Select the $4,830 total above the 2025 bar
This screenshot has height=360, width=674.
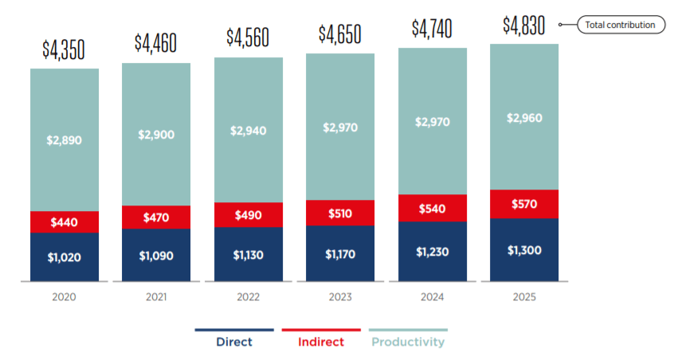(x=523, y=25)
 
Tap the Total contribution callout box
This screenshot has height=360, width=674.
(x=620, y=25)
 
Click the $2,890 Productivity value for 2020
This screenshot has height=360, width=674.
(x=65, y=140)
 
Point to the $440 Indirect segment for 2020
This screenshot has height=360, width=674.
(x=65, y=222)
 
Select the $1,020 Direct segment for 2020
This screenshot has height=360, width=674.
(x=65, y=256)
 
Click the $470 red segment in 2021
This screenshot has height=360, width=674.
(x=156, y=217)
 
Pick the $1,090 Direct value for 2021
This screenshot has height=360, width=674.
(x=156, y=256)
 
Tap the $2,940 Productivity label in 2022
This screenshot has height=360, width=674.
(x=249, y=131)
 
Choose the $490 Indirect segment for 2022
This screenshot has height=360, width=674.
(x=249, y=215)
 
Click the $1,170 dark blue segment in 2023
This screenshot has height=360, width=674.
(x=340, y=254)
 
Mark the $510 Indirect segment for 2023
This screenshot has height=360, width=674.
(x=340, y=213)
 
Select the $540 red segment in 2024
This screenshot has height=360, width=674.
(x=432, y=209)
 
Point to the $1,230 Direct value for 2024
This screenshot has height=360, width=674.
(x=432, y=252)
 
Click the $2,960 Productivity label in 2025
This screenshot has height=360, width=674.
(x=523, y=118)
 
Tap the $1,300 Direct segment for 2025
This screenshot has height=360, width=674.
(x=523, y=250)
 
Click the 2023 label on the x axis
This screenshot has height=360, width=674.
(x=340, y=297)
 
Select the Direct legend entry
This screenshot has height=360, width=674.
(x=233, y=342)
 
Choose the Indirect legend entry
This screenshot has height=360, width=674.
(x=321, y=342)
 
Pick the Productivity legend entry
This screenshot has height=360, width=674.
(x=408, y=342)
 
